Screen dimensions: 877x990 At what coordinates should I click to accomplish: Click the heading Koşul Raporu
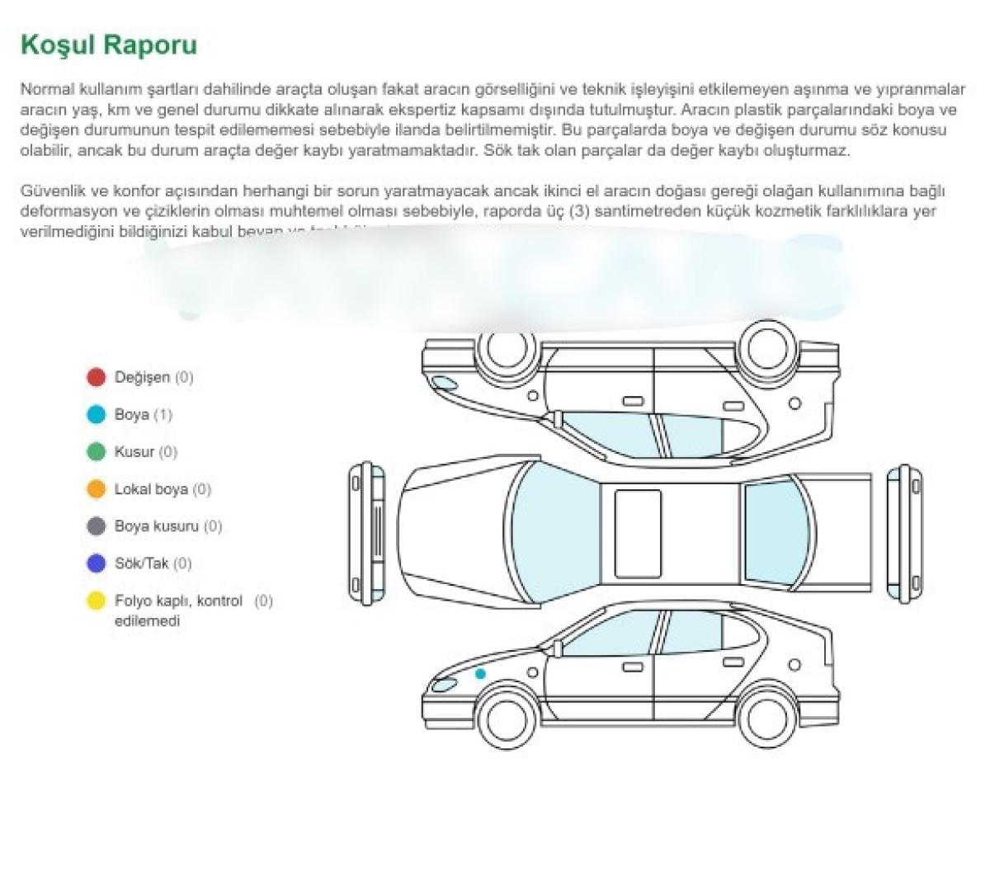[108, 44]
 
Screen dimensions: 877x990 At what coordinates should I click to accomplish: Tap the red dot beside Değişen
[97, 377]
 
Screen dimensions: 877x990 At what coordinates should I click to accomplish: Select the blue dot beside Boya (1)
[97, 414]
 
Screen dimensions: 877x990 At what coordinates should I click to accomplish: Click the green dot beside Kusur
[97, 451]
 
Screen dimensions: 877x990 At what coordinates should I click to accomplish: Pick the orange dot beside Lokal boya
[97, 488]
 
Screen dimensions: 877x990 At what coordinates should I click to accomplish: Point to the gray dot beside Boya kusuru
[97, 526]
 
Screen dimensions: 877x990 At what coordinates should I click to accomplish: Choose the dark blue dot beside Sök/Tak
[97, 563]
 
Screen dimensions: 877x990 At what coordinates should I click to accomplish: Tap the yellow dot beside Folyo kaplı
[97, 601]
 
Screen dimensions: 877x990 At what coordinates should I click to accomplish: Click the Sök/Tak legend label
[141, 563]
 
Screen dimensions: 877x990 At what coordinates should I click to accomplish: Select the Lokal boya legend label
[151, 489]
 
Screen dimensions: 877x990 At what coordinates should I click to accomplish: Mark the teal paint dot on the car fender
[480, 674]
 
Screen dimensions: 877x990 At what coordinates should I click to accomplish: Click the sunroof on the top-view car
[638, 533]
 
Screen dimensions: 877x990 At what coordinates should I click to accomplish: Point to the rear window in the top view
[775, 532]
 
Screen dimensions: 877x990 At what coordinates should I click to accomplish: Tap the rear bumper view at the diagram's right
[904, 532]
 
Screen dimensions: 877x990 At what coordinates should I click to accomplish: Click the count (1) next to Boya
[163, 415]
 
